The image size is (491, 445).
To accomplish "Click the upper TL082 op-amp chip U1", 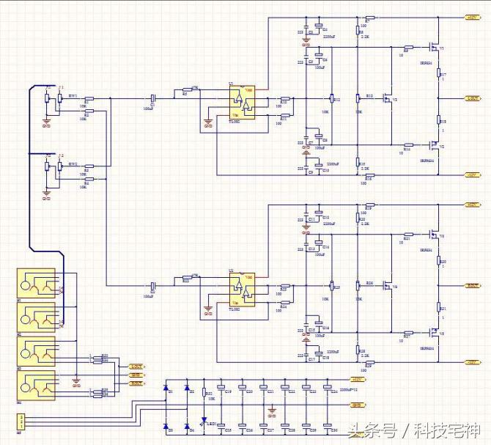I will point(240,103).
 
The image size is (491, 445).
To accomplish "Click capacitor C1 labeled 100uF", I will point(152,98).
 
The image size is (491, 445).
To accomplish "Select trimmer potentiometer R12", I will point(332,98).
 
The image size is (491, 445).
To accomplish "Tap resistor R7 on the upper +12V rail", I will point(370,18).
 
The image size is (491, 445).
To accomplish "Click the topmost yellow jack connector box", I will point(35,284).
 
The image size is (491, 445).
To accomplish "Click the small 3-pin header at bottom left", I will point(22,422).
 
